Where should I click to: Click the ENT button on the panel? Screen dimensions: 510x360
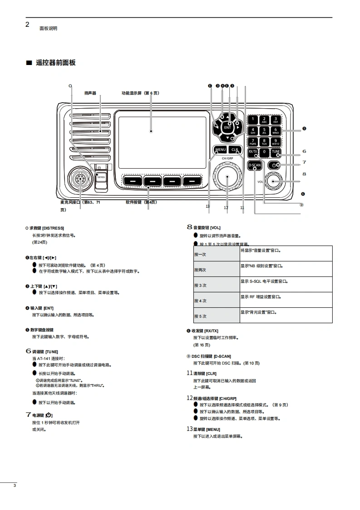point(228,128)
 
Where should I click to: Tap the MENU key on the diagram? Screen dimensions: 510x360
point(221,150)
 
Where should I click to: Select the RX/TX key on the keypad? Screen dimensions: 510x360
point(253,152)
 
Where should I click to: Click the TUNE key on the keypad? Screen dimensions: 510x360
point(276,152)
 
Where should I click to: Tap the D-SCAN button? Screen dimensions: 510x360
point(255,165)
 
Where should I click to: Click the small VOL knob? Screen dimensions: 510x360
point(274,181)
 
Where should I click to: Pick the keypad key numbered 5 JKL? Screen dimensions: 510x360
point(264,131)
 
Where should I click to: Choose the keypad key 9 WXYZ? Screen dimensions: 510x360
point(276,142)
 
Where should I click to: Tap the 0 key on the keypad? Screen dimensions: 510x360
point(264,152)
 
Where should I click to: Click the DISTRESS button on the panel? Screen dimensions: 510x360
point(100,176)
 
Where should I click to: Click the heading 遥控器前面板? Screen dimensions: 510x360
point(56,63)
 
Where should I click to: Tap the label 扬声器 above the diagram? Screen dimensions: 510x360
point(90,93)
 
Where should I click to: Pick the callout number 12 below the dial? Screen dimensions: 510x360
point(226,208)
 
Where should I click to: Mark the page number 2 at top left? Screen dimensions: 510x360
point(27,25)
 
